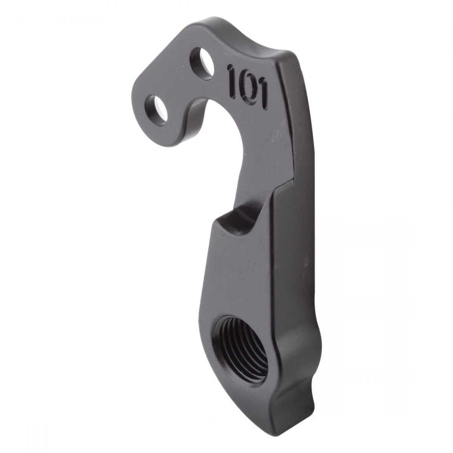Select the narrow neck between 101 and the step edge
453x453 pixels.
(260, 151)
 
